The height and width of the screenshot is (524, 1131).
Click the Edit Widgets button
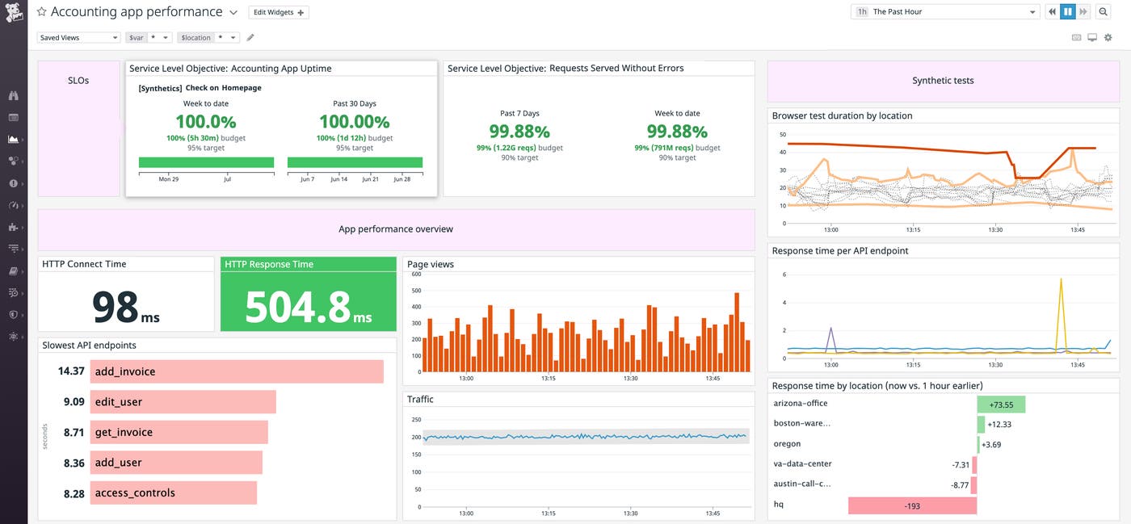[279, 12]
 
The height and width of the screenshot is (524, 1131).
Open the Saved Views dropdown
[78, 38]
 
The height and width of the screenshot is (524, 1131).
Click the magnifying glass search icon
[1104, 12]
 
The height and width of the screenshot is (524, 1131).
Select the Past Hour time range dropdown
[946, 12]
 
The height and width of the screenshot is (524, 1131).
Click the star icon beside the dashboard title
[41, 12]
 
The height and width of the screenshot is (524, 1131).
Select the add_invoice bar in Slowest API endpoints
[236, 371]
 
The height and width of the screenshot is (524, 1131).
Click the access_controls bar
[173, 493]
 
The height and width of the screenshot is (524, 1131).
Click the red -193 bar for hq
[912, 505]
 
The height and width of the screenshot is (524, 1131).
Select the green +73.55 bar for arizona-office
[1001, 405]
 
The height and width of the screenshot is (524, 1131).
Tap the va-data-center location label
[802, 464]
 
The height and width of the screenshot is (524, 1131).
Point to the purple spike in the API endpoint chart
[830, 331]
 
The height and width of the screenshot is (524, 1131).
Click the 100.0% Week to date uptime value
[206, 122]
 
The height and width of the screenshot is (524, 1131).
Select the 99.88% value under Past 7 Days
[519, 131]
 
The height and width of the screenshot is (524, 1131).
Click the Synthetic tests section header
[943, 81]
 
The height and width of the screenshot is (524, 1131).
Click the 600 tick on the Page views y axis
[416, 275]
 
